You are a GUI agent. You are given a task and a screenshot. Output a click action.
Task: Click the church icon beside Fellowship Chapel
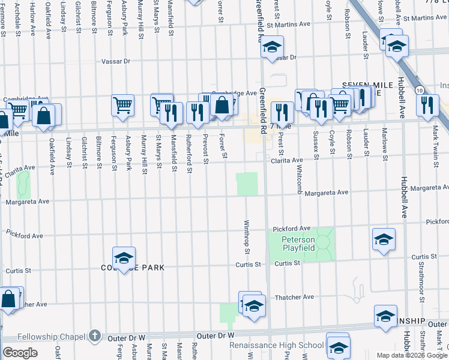(x=94, y=336)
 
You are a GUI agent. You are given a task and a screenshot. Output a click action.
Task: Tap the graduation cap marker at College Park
(x=124, y=258)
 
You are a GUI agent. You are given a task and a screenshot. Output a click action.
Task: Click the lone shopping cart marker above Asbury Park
(x=122, y=106)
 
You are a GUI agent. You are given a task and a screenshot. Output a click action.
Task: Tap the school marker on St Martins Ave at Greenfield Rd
(x=272, y=47)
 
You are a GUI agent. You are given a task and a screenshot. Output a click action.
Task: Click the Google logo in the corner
(x=20, y=352)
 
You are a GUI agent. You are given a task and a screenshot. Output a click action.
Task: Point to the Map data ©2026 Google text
(x=411, y=355)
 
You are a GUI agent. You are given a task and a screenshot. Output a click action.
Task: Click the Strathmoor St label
(x=422, y=281)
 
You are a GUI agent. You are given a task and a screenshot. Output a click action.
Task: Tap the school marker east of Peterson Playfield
(x=384, y=239)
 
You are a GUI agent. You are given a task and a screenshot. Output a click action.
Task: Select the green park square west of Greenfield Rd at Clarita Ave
(x=247, y=184)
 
